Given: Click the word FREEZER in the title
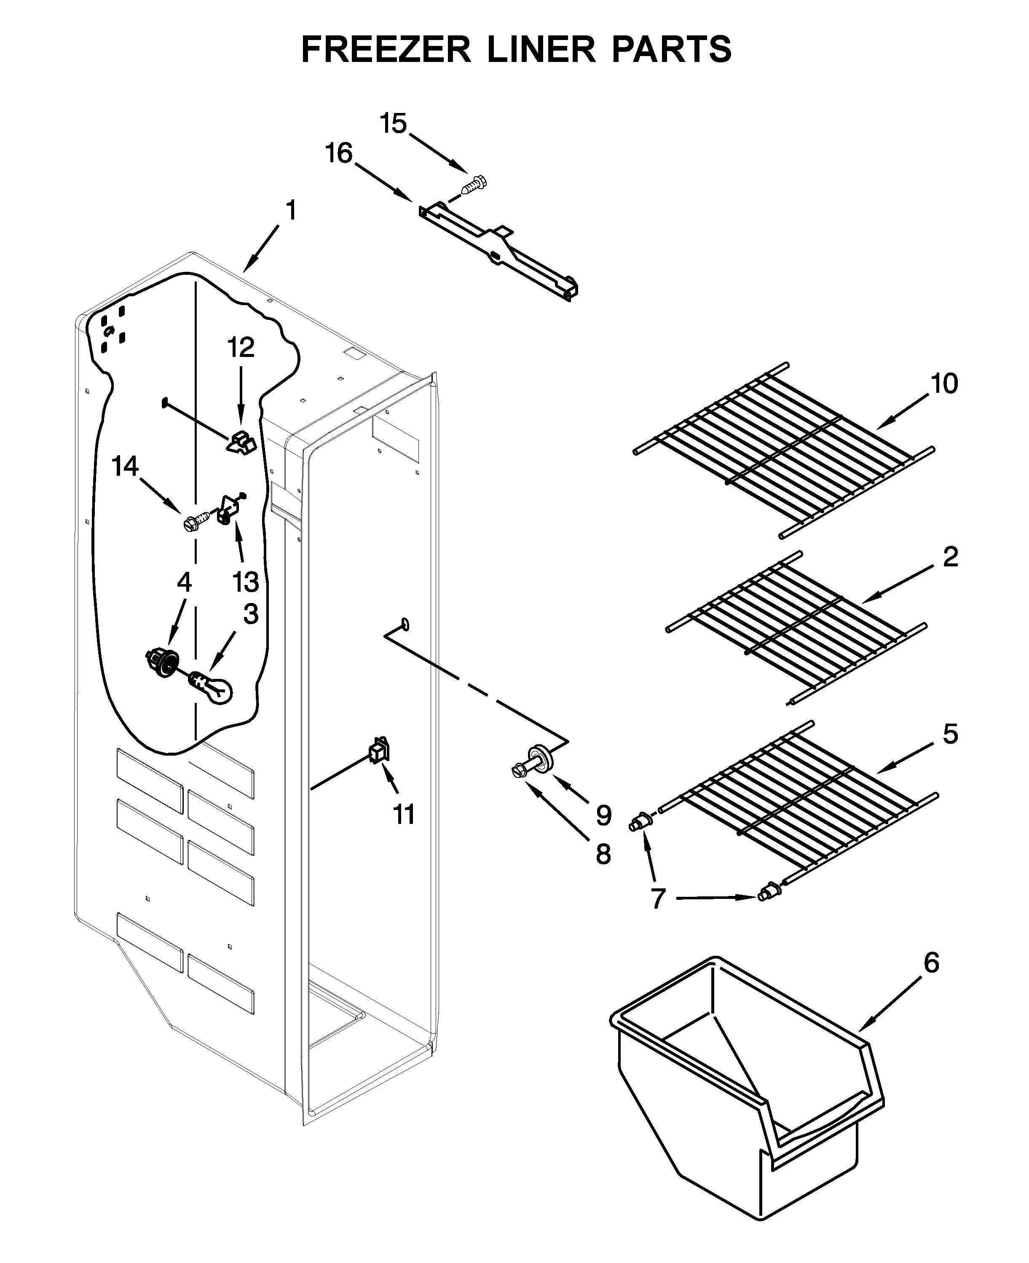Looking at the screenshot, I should pyautogui.click(x=386, y=49).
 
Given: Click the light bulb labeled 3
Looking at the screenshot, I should pyautogui.click(x=212, y=689).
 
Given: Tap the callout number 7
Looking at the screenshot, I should pyautogui.click(x=658, y=899).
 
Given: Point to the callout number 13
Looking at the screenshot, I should pyautogui.click(x=245, y=582).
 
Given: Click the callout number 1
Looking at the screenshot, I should pyautogui.click(x=290, y=210).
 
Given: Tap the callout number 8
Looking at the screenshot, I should pyautogui.click(x=603, y=854).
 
